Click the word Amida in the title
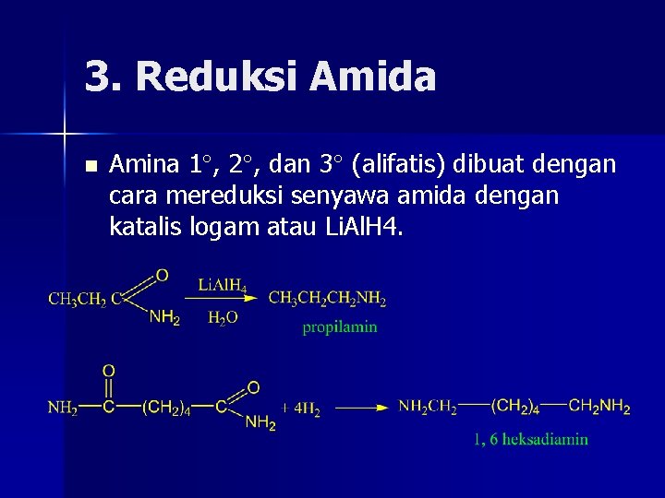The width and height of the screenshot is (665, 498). (373, 77)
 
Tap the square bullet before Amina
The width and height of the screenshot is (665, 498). (90, 167)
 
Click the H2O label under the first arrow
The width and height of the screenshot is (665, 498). (222, 318)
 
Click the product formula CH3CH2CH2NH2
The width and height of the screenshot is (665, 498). (327, 298)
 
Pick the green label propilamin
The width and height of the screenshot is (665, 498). (340, 327)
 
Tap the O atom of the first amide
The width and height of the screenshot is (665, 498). (162, 275)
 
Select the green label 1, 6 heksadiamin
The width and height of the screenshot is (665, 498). (530, 439)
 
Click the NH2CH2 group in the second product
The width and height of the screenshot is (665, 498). (428, 406)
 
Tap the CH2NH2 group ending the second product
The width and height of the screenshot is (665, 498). (599, 406)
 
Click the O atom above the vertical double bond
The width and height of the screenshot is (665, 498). (109, 370)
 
